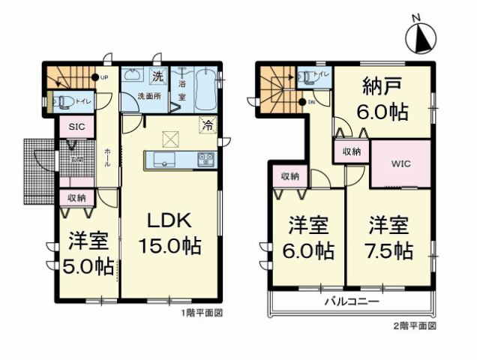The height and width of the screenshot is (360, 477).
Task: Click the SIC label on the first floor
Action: click(77, 127)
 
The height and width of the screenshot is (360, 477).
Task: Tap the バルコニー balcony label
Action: click(351, 302)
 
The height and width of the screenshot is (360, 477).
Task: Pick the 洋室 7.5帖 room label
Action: click(389, 238)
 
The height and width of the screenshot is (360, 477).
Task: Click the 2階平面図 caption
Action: click(415, 327)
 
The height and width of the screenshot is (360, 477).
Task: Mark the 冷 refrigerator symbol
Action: click(207, 125)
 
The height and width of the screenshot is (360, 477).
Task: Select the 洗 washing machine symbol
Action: click(157, 76)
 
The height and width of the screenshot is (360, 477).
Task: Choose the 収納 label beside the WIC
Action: click(352, 152)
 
